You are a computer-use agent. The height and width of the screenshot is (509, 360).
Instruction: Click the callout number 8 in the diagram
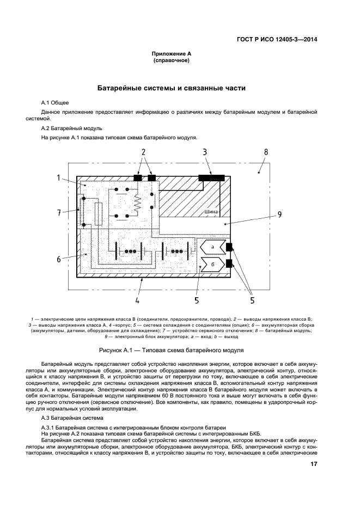click(x=266, y=152)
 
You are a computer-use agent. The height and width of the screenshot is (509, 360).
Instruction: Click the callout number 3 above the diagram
click(x=205, y=152)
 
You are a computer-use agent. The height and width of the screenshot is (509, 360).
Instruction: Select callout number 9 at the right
click(x=279, y=214)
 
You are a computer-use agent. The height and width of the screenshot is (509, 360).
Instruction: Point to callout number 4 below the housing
click(x=137, y=299)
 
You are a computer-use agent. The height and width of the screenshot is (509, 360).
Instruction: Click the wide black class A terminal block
click(x=211, y=177)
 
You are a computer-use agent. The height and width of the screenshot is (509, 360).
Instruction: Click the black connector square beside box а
click(x=229, y=248)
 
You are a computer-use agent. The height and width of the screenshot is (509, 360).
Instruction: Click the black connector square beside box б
click(x=229, y=265)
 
